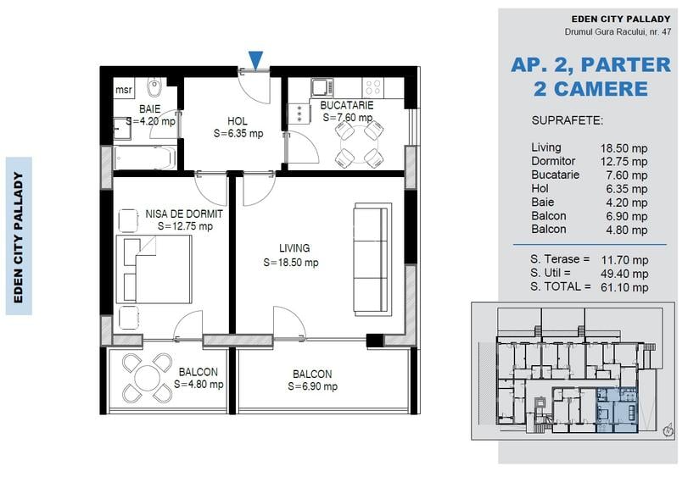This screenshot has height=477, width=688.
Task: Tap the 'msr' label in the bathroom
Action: [x=124, y=88]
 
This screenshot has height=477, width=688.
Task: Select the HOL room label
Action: [x=238, y=121]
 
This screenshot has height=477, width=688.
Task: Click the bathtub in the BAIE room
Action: [x=145, y=158]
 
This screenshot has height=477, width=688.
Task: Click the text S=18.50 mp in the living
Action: [x=291, y=263]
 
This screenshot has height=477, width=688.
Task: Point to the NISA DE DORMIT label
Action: [x=184, y=214]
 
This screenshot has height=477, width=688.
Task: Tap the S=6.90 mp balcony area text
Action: [x=311, y=386]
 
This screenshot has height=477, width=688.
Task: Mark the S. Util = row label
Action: [x=556, y=273]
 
